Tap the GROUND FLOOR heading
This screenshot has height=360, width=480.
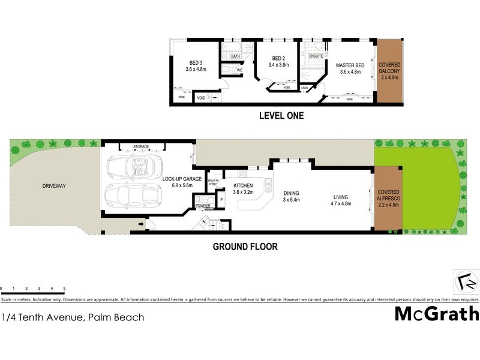pos(245,246)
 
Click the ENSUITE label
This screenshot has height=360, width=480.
pos(316,56)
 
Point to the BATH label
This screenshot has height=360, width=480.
pos(236,56)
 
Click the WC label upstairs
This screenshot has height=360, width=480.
pos(239,70)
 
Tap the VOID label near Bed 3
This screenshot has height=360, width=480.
pos(202,97)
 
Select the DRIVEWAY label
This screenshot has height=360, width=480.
pos(54,186)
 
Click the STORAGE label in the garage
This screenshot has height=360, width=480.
pos(141,146)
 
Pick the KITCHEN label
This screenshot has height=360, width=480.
pos(242,186)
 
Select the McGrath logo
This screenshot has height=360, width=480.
pos(436,313)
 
